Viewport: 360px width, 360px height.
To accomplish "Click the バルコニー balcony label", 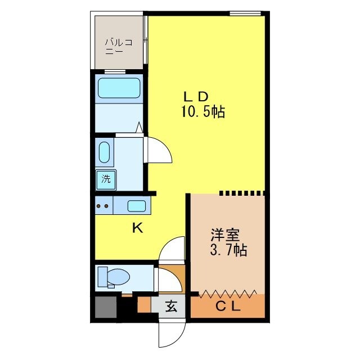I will point(119,46).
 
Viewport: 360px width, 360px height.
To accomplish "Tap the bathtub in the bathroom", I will point(119,88).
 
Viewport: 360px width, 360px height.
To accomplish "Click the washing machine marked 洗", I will point(106,180).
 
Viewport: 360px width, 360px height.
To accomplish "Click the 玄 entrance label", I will point(172,307).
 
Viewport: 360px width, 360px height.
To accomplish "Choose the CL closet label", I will point(227,308).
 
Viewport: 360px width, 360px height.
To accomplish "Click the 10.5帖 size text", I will point(202,112).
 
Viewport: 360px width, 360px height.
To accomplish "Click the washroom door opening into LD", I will point(159,151).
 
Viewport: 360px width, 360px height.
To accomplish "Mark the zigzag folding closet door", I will point(228,293).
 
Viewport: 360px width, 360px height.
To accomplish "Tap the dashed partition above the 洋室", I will point(242,193).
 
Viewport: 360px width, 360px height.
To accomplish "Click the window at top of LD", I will point(245,13).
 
